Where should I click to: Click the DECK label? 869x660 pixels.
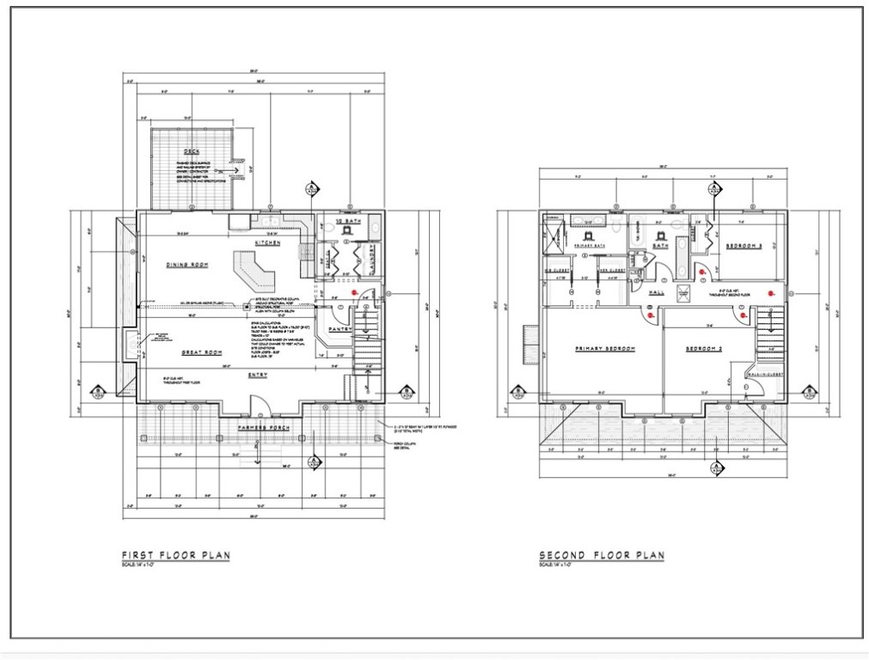coord(179,152)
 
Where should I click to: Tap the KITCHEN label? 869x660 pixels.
coord(266,243)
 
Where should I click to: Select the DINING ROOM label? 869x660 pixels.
coord(187,265)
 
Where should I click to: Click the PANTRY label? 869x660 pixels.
coord(340,329)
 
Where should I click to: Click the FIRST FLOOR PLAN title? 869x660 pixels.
coord(175,555)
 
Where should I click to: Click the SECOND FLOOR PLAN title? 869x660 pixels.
coord(601,555)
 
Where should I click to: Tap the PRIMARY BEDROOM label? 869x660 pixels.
coord(605,349)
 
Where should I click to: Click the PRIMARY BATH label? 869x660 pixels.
coord(591,247)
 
